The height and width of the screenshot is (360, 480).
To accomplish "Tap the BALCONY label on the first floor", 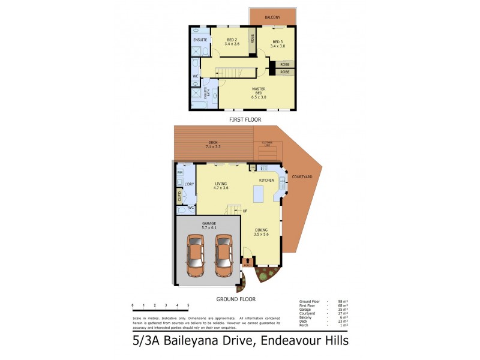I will tap(272, 17).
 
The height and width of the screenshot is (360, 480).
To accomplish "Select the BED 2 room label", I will tap(232, 42).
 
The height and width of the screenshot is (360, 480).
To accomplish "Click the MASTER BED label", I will tap(259, 91).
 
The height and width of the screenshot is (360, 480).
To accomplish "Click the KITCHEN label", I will tap(266, 180).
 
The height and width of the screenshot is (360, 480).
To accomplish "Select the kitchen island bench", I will tap(259, 194).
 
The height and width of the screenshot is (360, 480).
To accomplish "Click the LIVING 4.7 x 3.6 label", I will tap(221, 186).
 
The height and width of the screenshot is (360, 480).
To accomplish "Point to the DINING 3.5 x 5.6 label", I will tap(262, 232).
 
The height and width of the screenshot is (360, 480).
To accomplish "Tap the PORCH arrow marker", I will tap(248, 260).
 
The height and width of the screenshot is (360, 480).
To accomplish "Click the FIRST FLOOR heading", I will tap(244, 120).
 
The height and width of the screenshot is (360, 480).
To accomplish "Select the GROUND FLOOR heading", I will tap(236, 299).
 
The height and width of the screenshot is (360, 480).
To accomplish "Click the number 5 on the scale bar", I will tap(188, 305).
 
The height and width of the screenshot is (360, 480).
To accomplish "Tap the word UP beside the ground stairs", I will tap(245, 211).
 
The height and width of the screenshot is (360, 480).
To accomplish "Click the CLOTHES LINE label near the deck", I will tap(266, 144).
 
